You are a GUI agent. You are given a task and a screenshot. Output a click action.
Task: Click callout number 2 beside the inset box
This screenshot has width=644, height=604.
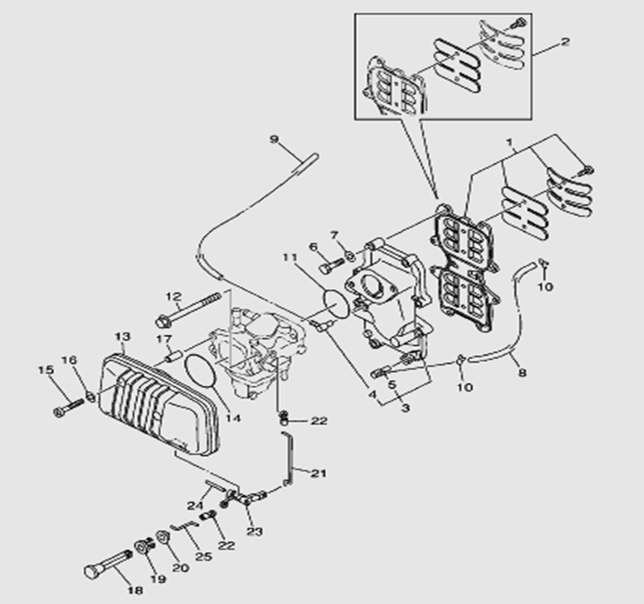click(x=566, y=40)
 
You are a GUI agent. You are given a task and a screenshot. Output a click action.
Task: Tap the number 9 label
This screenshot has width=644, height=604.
click(x=274, y=139)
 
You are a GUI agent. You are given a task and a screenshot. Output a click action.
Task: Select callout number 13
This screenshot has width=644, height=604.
click(x=123, y=337)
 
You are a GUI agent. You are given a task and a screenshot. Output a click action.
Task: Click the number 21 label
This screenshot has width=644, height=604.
click(x=318, y=473)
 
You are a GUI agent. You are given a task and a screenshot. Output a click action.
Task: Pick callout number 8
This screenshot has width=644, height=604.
click(x=522, y=372)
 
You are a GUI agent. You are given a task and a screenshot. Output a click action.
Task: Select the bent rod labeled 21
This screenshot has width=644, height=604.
click(x=289, y=458)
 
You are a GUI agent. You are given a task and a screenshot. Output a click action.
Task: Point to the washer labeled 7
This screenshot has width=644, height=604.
click(x=348, y=255)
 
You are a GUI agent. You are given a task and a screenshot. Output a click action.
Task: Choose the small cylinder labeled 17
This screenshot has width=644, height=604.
click(x=174, y=355)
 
